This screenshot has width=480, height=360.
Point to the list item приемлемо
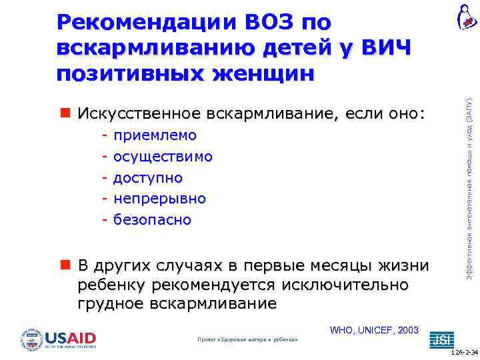click(x=155, y=135)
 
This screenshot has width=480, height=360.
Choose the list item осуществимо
click(x=163, y=157)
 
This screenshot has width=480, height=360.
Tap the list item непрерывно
click(x=159, y=199)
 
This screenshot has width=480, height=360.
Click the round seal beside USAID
click(x=31, y=340)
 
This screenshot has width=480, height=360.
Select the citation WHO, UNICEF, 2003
click(x=374, y=330)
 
